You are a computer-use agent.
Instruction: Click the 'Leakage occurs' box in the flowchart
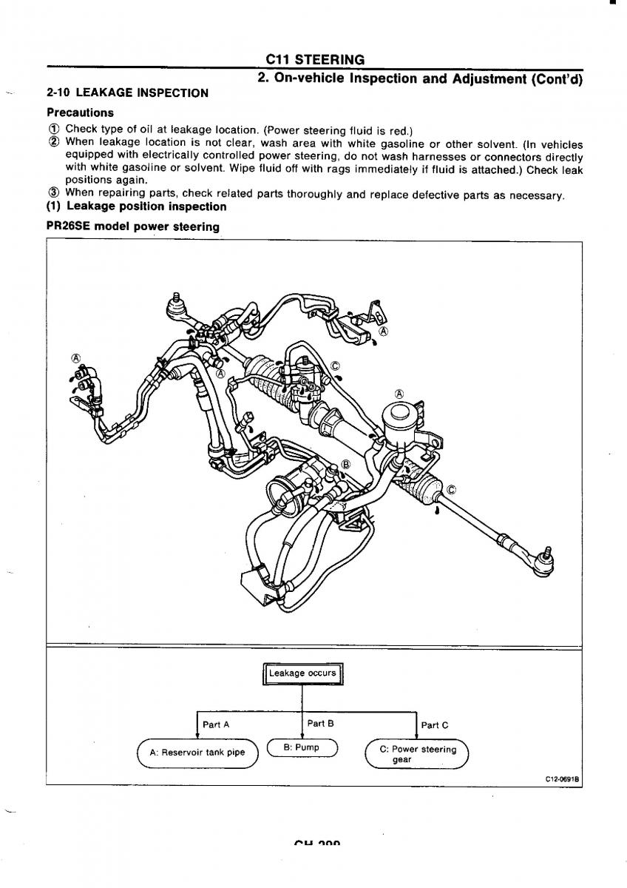tap(302, 674)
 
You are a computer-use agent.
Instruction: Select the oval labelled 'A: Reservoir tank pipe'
tap(197, 753)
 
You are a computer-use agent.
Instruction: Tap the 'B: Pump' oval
tap(302, 748)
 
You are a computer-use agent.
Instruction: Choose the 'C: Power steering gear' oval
tap(418, 754)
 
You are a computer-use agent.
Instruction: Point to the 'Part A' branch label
tap(216, 725)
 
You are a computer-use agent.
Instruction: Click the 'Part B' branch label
tap(320, 724)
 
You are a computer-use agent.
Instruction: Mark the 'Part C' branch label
tap(434, 725)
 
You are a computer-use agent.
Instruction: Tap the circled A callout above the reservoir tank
tap(400, 393)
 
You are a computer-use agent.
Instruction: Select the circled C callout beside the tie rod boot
tap(452, 488)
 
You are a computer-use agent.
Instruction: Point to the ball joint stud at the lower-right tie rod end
tap(548, 551)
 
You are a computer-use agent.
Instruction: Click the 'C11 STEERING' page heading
tap(318, 60)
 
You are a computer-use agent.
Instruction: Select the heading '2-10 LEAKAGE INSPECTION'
tap(127, 93)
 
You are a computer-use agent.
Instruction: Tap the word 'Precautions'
tap(80, 113)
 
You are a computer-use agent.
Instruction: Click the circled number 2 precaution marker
tap(54, 142)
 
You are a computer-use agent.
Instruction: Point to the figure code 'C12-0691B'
tap(561, 779)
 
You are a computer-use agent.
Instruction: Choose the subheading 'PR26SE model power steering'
tap(133, 226)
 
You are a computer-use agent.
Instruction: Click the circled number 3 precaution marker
tap(54, 195)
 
